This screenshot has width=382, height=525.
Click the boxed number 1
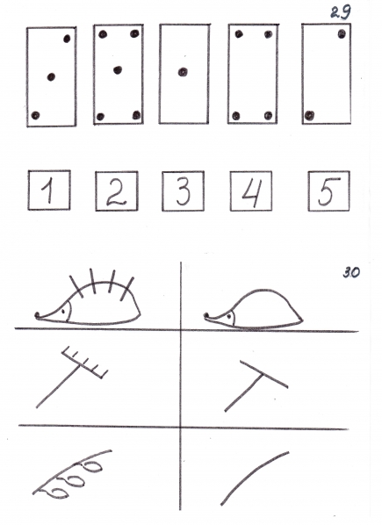click(x=49, y=191)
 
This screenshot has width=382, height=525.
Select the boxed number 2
click(x=117, y=191)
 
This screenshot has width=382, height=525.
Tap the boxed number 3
click(x=184, y=191)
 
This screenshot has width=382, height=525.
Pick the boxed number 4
click(x=251, y=191)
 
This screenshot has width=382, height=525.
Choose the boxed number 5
click(x=328, y=191)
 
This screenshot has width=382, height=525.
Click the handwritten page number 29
click(x=341, y=12)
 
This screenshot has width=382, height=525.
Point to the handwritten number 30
click(x=351, y=272)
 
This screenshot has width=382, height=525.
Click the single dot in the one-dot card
click(x=183, y=72)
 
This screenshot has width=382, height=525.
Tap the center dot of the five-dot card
click(x=118, y=70)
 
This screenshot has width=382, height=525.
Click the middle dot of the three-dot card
click(x=51, y=77)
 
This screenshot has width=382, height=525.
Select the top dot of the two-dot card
click(x=342, y=34)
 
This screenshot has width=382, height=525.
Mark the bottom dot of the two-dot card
click(x=309, y=116)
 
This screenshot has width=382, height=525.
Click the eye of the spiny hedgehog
click(x=63, y=312)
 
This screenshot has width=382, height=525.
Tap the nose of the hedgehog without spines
click(x=206, y=315)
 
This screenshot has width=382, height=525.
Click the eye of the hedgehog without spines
click(x=229, y=316)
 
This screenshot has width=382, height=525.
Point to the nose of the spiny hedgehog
click(x=38, y=314)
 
